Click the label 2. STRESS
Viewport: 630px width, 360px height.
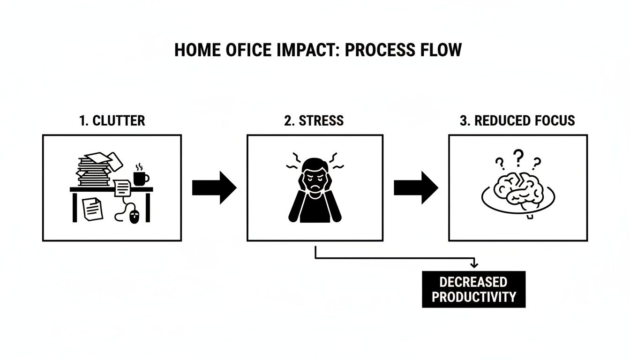click(x=314, y=120)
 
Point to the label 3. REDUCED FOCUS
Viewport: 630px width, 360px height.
click(x=517, y=120)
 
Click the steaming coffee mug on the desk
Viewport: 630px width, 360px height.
click(x=141, y=177)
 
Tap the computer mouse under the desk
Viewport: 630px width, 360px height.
click(x=135, y=216)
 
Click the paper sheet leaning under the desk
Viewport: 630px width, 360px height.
click(x=92, y=209)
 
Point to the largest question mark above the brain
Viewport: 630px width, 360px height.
click(x=518, y=157)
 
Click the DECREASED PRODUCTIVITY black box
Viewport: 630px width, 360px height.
click(x=473, y=289)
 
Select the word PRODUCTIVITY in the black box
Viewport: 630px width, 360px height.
click(x=473, y=297)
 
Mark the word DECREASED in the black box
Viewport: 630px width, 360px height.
click(x=473, y=282)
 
